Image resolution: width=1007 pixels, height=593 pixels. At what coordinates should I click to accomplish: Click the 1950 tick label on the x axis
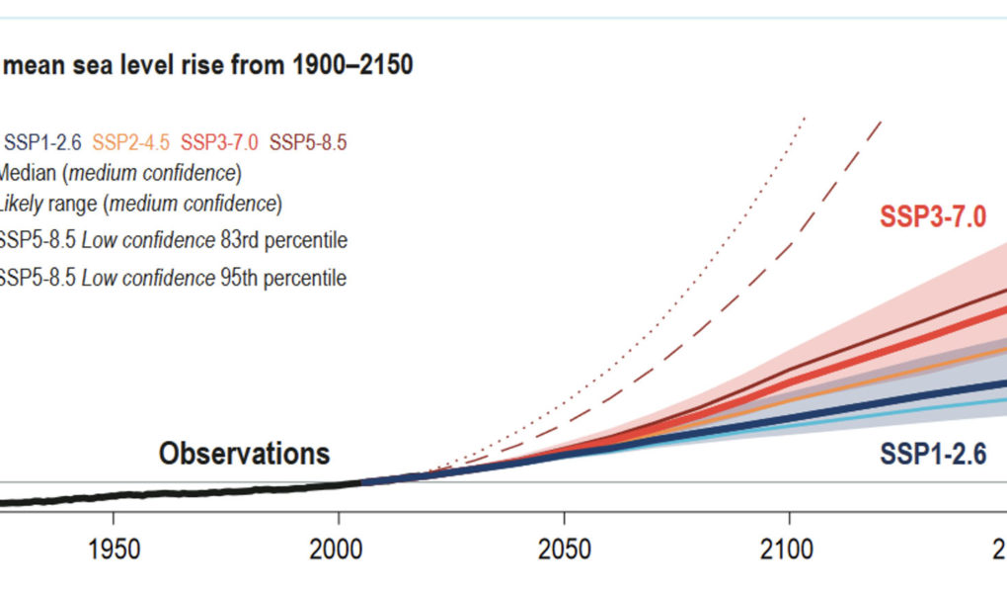[x=114, y=549]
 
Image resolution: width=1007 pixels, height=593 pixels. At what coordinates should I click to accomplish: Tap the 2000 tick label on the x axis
[x=339, y=549]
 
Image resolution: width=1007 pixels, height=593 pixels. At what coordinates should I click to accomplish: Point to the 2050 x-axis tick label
[x=564, y=549]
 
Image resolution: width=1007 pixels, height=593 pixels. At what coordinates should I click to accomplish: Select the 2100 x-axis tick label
[x=789, y=549]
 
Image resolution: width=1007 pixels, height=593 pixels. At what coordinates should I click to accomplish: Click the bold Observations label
[x=244, y=454]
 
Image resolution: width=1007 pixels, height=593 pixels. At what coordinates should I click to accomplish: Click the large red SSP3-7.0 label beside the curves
[x=933, y=217]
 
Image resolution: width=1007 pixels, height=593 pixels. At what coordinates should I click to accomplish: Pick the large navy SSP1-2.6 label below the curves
[x=933, y=454]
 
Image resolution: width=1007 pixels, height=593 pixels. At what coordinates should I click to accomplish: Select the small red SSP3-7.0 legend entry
[x=220, y=142]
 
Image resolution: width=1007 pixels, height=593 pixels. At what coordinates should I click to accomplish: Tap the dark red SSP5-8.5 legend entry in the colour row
[x=308, y=142]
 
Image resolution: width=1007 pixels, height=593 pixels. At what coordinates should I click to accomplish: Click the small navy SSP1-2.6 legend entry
[x=44, y=142]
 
